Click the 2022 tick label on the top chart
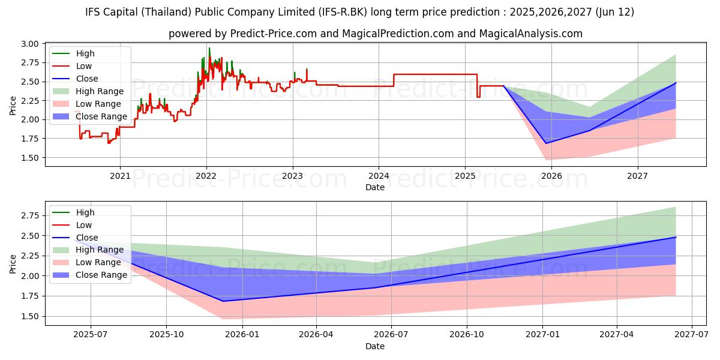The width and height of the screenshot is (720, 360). [x=206, y=176]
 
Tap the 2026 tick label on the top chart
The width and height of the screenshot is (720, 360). [x=551, y=176]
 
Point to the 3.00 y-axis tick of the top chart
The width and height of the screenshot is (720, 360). [x=30, y=44]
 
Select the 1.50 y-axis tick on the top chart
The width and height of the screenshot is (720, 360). [x=30, y=158]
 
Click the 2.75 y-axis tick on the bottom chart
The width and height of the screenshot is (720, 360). [x=30, y=215]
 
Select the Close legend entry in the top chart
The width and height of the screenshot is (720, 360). [x=87, y=79]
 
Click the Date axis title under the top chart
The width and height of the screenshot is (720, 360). [x=375, y=187]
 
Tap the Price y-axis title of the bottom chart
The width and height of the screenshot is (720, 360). [x=13, y=264]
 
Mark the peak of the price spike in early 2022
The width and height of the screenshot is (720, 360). [x=209, y=48]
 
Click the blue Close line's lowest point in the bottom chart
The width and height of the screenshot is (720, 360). [x=223, y=301]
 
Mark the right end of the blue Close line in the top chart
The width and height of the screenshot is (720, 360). [x=676, y=83]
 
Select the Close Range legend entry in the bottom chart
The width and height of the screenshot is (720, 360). [x=101, y=275]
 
